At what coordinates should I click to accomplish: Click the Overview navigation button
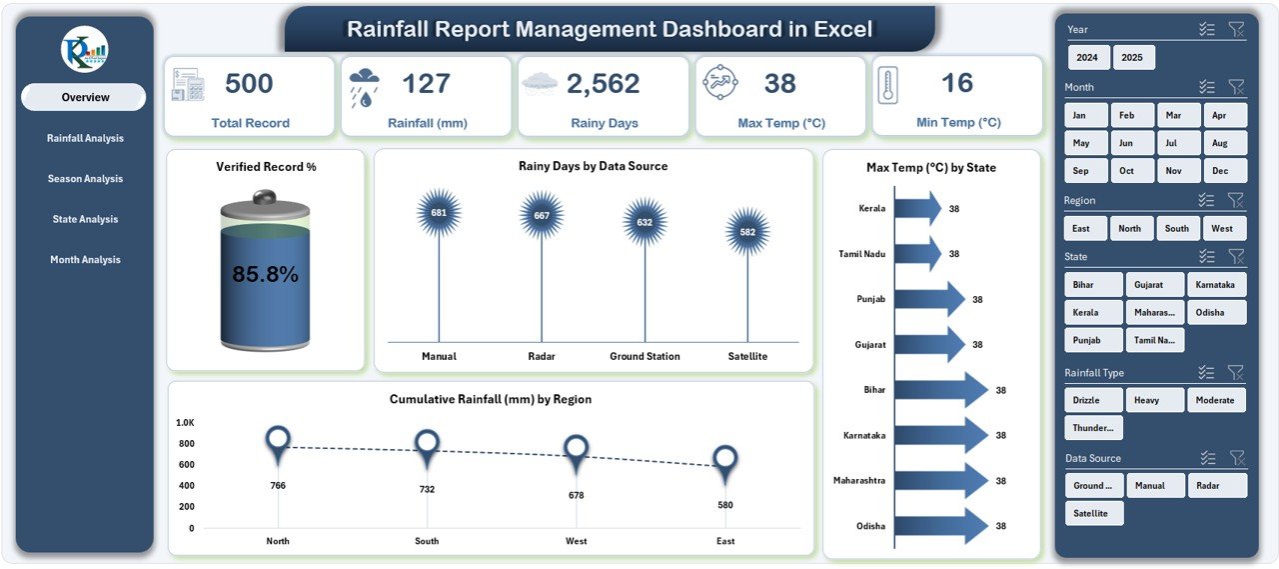84,97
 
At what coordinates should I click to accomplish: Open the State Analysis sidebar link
85,219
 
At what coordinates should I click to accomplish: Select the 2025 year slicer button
1133,58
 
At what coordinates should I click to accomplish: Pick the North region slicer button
1129,228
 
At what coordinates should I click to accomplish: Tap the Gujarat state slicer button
1155,285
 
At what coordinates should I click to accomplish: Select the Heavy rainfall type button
1155,400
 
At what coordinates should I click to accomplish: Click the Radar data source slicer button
1216,486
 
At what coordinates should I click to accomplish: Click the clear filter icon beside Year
1236,30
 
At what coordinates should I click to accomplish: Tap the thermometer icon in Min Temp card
887,85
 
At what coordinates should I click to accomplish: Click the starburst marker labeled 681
439,213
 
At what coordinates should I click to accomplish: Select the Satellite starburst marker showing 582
747,232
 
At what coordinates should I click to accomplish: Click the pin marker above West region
576,449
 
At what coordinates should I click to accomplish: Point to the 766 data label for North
278,486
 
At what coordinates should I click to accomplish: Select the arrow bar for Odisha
940,526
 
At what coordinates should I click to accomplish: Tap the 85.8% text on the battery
265,275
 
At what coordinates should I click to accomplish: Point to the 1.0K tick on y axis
186,423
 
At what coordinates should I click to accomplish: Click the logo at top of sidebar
84,50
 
